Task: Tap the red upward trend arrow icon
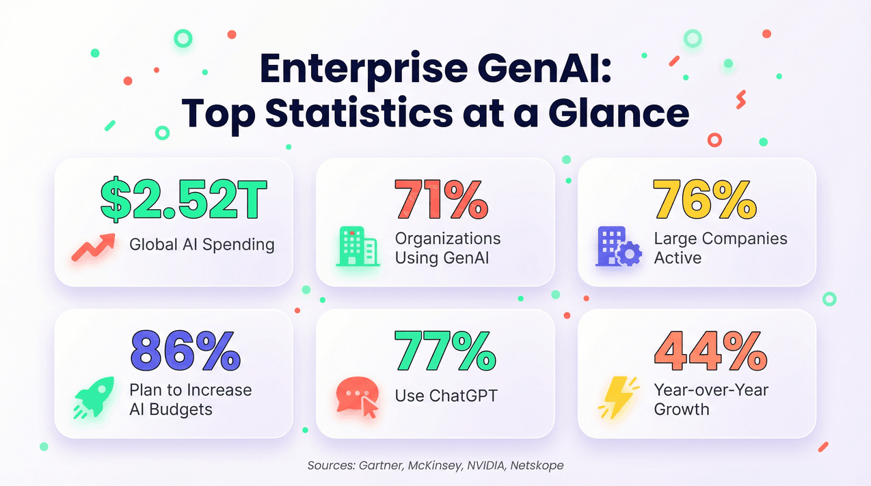(x=93, y=247)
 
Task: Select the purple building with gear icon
(x=617, y=247)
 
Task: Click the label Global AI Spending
(x=202, y=244)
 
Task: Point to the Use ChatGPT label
(x=446, y=395)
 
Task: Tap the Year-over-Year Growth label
(x=711, y=399)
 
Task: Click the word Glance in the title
(x=619, y=113)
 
